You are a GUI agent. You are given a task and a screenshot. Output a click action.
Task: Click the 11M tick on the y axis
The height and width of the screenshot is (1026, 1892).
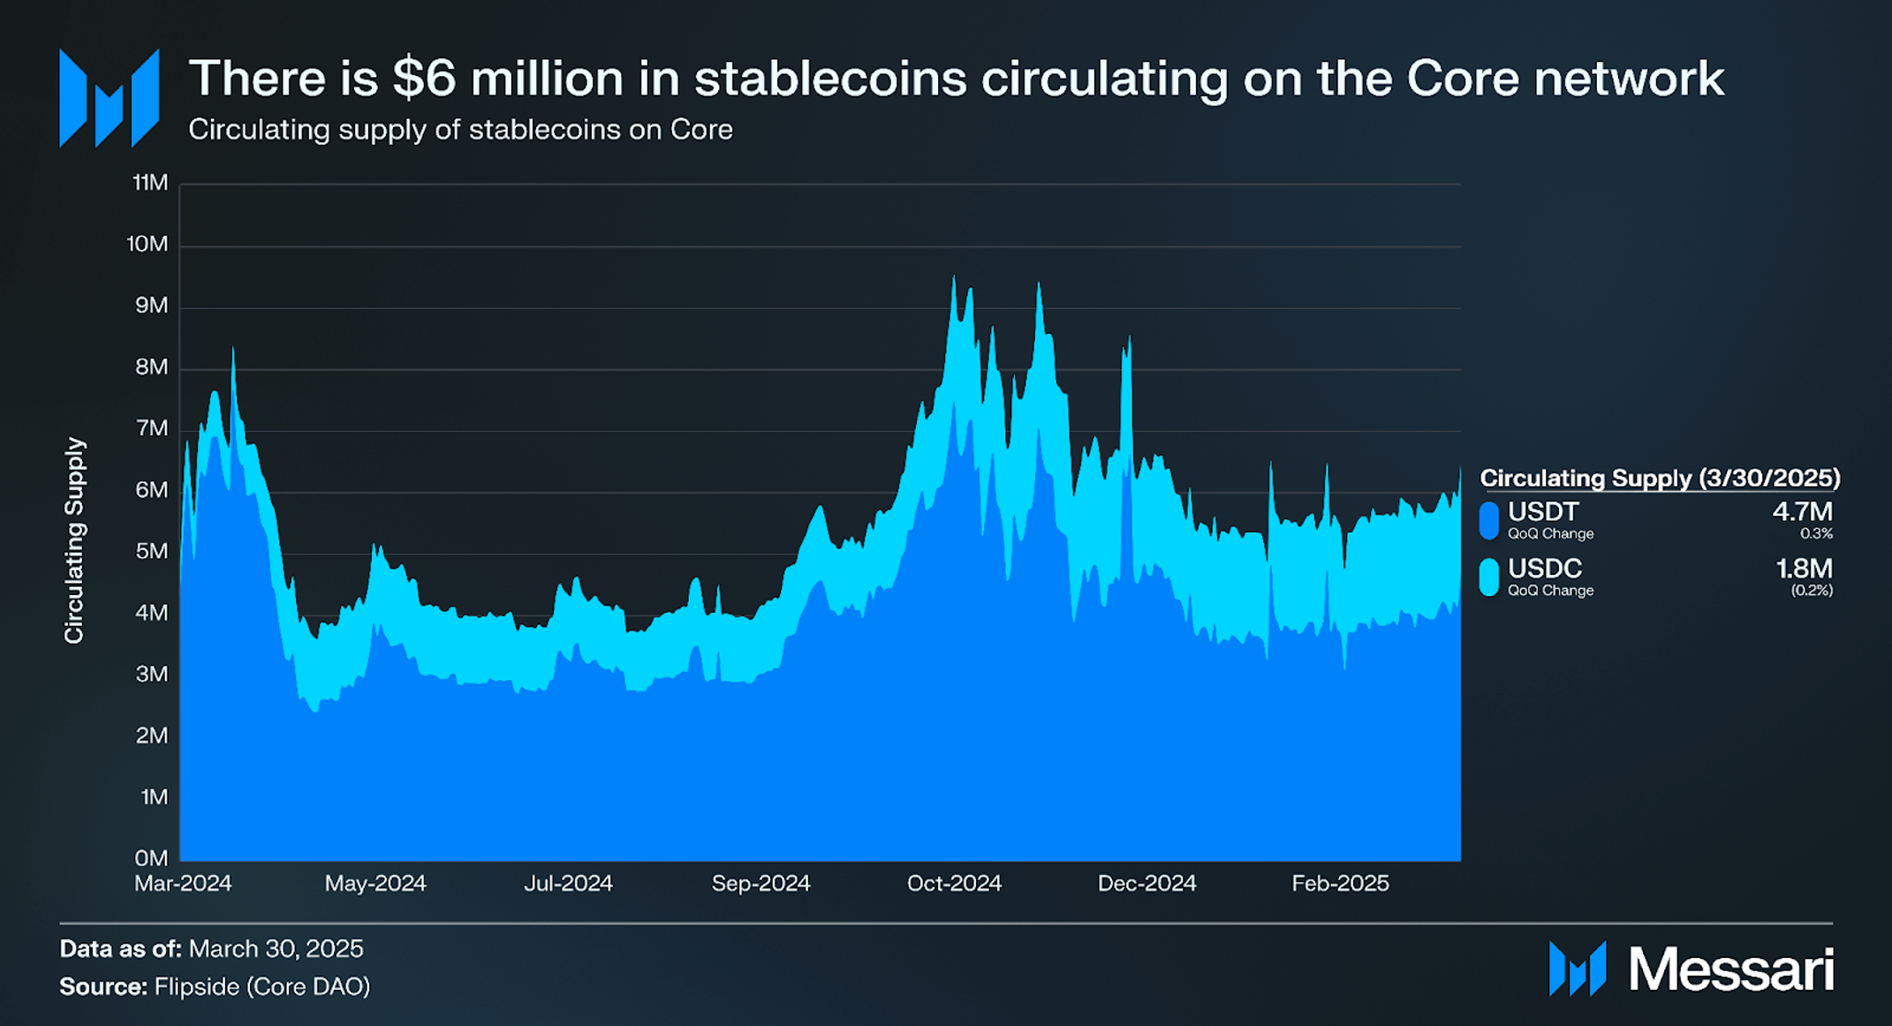pyautogui.click(x=149, y=183)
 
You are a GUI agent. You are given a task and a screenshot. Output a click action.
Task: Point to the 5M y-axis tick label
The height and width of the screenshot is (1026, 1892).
pyautogui.click(x=151, y=552)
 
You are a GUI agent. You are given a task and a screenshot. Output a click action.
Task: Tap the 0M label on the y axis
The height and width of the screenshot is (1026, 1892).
pyautogui.click(x=151, y=858)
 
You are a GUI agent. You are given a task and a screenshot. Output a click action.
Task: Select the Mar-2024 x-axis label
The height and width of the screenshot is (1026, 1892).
pyautogui.click(x=183, y=883)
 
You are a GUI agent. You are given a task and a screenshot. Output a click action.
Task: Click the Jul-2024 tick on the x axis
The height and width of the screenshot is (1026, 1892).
pyautogui.click(x=568, y=883)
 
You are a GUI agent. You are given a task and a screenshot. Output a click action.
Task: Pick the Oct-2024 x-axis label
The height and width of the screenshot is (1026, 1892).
pyautogui.click(x=954, y=883)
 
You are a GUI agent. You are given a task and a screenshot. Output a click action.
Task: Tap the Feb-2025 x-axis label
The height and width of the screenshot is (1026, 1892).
pyautogui.click(x=1340, y=883)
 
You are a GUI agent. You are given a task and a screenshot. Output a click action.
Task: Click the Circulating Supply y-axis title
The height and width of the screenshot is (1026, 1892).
pyautogui.click(x=74, y=540)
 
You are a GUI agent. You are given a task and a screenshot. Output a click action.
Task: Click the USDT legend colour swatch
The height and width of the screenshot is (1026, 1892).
pyautogui.click(x=1489, y=520)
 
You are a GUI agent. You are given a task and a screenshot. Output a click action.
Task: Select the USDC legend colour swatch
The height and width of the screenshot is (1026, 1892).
pyautogui.click(x=1489, y=577)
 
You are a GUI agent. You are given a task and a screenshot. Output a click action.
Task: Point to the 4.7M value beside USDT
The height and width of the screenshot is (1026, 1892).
pyautogui.click(x=1802, y=511)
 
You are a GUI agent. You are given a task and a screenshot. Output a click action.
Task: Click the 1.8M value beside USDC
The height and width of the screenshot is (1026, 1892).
pyautogui.click(x=1804, y=568)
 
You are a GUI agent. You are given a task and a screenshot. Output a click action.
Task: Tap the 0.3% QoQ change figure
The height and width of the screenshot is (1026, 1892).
pyautogui.click(x=1816, y=533)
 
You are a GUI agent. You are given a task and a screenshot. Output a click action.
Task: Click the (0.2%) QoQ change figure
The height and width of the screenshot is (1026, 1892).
pyautogui.click(x=1812, y=590)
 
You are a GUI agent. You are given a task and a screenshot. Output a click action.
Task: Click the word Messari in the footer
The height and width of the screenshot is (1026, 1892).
pyautogui.click(x=1730, y=969)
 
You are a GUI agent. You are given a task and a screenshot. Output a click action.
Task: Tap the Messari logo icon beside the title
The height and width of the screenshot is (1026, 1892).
pyautogui.click(x=109, y=98)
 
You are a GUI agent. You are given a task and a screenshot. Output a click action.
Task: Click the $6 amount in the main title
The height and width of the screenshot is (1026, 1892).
pyautogui.click(x=423, y=79)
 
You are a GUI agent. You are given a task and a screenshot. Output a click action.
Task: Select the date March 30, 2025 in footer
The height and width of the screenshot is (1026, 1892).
pyautogui.click(x=276, y=948)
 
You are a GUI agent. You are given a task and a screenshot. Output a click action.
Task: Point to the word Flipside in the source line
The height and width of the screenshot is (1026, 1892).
pyautogui.click(x=196, y=986)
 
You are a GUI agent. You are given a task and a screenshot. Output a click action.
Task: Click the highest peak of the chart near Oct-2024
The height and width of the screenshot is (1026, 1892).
pyautogui.click(x=953, y=277)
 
